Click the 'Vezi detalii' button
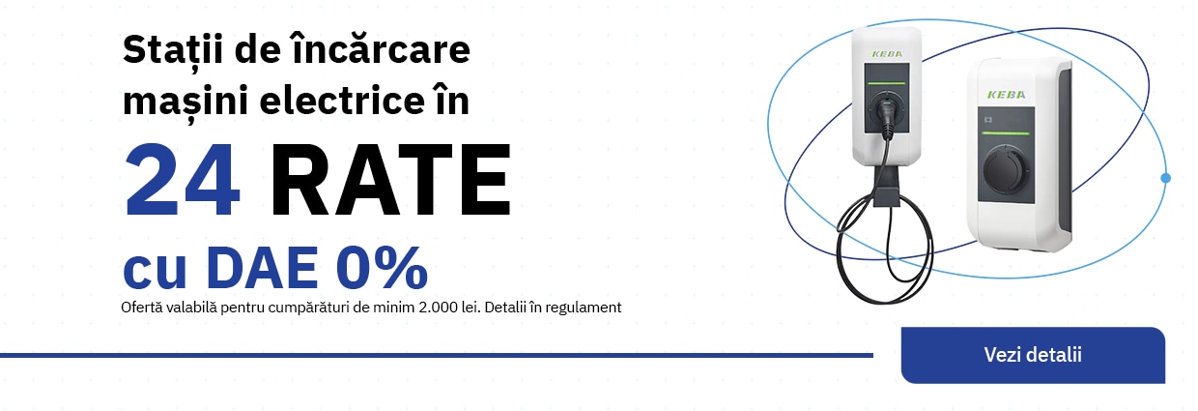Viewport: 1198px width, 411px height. (x=1033, y=355)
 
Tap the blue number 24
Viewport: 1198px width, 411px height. (x=182, y=180)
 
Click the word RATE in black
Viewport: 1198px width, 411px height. (x=391, y=180)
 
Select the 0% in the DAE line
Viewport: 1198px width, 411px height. (x=383, y=268)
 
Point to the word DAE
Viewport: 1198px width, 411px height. (x=263, y=268)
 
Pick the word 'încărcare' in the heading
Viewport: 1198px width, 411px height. (x=381, y=48)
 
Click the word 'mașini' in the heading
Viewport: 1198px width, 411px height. (x=185, y=102)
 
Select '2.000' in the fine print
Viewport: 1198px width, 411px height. (x=438, y=308)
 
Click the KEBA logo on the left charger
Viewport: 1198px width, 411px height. (x=887, y=54)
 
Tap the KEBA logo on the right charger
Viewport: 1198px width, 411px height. (x=1006, y=95)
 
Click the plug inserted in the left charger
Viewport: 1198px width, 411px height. (x=887, y=115)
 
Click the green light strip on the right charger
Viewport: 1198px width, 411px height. (x=1006, y=133)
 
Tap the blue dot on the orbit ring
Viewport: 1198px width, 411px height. (x=1166, y=178)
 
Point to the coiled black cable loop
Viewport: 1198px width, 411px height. (x=883, y=249)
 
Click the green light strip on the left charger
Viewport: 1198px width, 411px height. (x=887, y=84)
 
